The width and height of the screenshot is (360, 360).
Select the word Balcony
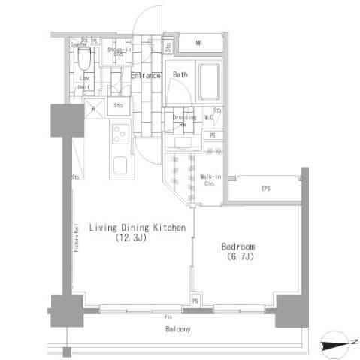point(178,329)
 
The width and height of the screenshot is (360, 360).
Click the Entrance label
point(144,75)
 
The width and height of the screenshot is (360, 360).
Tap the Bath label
point(181,74)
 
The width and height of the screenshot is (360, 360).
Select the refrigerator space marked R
point(93,106)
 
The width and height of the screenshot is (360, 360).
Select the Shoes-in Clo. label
point(115,52)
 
